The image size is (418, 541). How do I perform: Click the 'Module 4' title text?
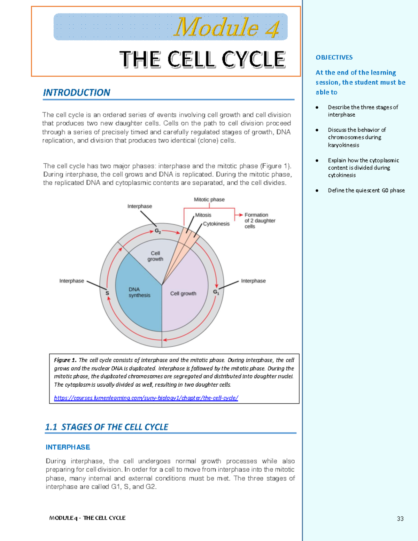point(226,27)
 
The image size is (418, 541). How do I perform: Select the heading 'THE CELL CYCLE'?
point(202,59)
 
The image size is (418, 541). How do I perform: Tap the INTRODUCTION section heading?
point(76,93)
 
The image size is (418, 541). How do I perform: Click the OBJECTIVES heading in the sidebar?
point(334,57)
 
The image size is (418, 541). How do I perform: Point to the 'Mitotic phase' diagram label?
point(209,200)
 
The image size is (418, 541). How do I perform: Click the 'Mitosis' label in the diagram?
point(203,215)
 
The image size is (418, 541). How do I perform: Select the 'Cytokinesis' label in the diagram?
point(216,224)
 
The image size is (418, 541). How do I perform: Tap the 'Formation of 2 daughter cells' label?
point(260,221)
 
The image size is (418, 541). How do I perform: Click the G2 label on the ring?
point(158,231)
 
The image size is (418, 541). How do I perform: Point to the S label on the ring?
point(107,293)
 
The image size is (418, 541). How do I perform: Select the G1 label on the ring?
point(216,292)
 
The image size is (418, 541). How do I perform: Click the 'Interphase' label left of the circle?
point(71,281)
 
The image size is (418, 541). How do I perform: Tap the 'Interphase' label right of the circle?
point(253,281)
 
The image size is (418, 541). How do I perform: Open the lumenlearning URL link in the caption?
point(146,398)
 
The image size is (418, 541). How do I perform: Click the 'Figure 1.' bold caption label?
point(65,360)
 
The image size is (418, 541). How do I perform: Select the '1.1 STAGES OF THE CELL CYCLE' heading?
point(107,427)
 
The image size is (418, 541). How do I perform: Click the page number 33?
point(400,519)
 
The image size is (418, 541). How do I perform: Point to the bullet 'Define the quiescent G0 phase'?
point(366,191)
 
